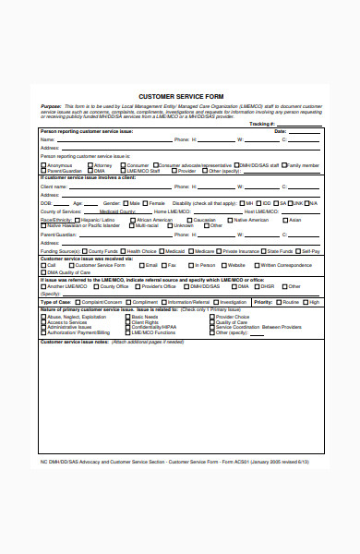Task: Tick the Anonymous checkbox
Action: coord(42,164)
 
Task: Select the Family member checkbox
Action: coord(283,164)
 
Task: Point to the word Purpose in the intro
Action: coord(52,106)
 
